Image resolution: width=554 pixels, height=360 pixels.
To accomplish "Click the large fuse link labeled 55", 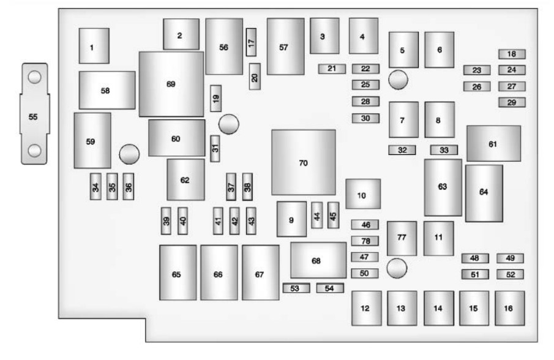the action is pyautogui.click(x=34, y=114).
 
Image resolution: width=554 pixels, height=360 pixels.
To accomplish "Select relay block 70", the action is pyautogui.click(x=304, y=162).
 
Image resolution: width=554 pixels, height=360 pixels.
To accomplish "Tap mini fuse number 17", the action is pyautogui.click(x=251, y=42).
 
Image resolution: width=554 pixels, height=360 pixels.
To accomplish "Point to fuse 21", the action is pyautogui.click(x=332, y=69).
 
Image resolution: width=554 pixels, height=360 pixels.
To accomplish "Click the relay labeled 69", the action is pyautogui.click(x=171, y=84).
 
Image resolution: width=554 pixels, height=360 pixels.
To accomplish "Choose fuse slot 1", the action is pyautogui.click(x=94, y=46).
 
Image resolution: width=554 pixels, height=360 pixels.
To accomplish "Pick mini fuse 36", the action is pyautogui.click(x=129, y=187).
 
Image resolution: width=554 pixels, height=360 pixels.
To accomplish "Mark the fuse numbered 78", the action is pyautogui.click(x=365, y=241).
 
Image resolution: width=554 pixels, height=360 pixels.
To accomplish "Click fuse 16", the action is pyautogui.click(x=509, y=308).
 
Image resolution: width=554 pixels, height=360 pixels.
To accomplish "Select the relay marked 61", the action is pyautogui.click(x=493, y=143).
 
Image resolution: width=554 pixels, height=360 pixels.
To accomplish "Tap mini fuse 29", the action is pyautogui.click(x=512, y=102).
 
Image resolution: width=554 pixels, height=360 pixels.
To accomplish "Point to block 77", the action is pyautogui.click(x=402, y=238).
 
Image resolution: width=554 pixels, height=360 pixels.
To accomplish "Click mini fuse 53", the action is pyautogui.click(x=296, y=288).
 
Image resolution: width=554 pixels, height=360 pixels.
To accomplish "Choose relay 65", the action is pyautogui.click(x=178, y=272).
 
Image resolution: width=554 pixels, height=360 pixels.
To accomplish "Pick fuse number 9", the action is pyautogui.click(x=291, y=219).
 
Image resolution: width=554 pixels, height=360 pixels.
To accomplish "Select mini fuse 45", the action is pyautogui.click(x=333, y=215).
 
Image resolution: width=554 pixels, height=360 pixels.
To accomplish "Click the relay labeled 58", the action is pyautogui.click(x=107, y=90).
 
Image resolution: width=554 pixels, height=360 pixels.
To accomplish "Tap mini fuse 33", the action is pyautogui.click(x=444, y=150).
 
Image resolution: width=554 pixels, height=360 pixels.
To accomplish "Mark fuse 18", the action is pyautogui.click(x=512, y=54).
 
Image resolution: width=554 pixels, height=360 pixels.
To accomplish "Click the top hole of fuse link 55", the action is pyautogui.click(x=35, y=77).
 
